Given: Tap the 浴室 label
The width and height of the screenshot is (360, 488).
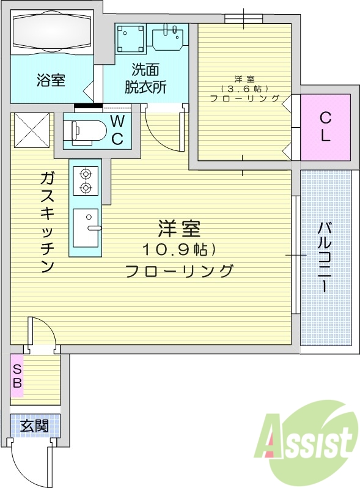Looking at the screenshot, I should coord(51,79).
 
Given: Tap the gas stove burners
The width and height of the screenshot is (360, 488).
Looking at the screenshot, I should coord(85,180).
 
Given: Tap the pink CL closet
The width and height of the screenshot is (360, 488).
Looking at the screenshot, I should coord(325,127).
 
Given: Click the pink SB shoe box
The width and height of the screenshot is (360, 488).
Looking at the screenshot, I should coord(17,375).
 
